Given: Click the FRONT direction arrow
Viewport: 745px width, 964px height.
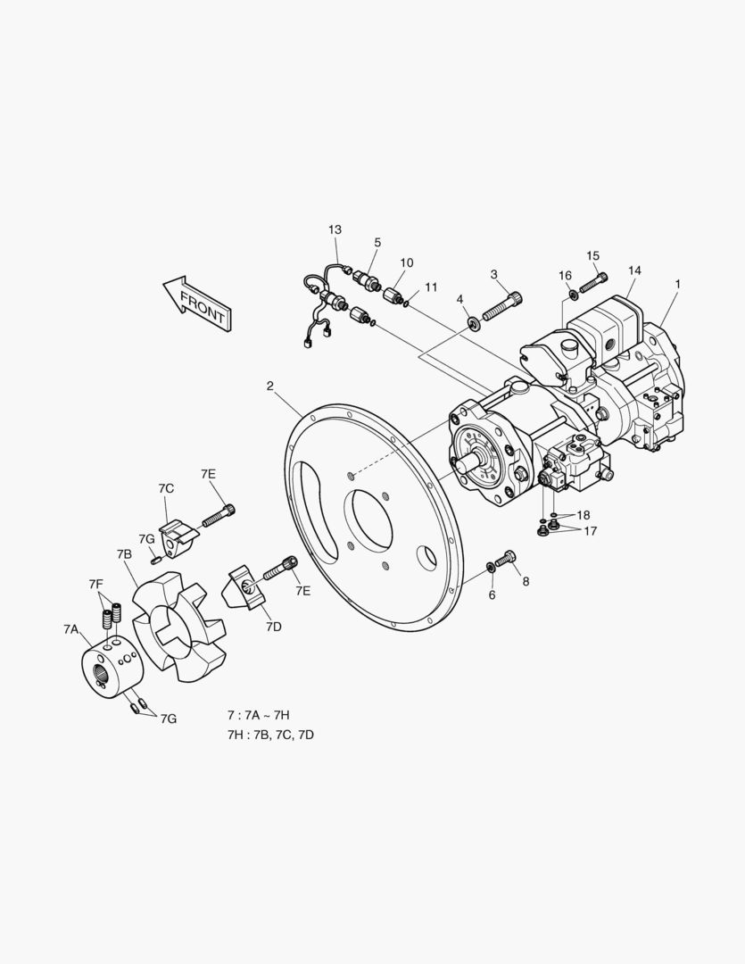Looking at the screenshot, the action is point(196,303).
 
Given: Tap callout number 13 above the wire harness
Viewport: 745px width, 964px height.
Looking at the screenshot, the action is point(335,230).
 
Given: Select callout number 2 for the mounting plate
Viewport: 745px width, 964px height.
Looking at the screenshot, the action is point(269,386).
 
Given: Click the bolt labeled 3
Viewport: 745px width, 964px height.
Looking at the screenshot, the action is point(503,306).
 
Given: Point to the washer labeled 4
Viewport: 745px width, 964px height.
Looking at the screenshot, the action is point(474,323).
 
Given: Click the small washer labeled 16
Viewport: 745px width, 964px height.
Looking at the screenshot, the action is point(573,295).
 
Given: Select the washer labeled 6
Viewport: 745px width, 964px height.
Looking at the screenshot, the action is point(491,566).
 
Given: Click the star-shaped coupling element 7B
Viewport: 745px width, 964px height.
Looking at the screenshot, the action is point(179,626).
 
